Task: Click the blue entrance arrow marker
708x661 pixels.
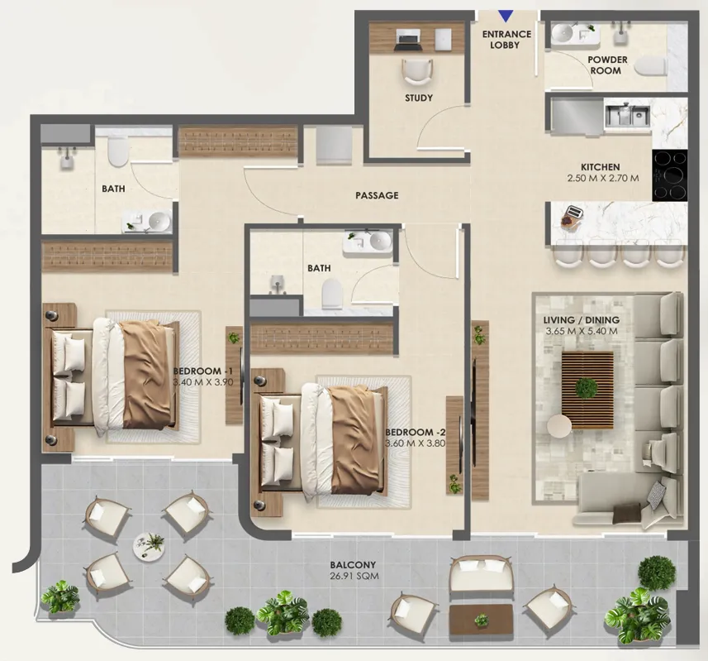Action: click(506, 17)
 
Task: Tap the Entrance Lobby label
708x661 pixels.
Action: click(506, 40)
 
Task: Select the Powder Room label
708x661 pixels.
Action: click(607, 65)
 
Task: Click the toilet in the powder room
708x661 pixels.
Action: click(651, 68)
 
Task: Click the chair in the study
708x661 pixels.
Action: click(416, 72)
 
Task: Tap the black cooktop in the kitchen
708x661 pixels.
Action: click(670, 175)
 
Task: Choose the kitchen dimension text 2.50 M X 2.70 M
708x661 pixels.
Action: click(603, 178)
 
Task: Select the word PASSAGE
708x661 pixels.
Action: click(377, 195)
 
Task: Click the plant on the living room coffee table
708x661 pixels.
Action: click(587, 387)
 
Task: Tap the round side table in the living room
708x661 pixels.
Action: click(559, 426)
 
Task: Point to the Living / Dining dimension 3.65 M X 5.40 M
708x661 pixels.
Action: click(581, 331)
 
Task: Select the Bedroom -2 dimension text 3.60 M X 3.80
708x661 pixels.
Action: click(416, 443)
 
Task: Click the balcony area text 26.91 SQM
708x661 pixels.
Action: click(354, 576)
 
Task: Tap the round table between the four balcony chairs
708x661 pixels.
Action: click(148, 544)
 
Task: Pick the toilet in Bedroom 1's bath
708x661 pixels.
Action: click(118, 151)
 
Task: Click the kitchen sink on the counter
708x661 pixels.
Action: click(627, 115)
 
